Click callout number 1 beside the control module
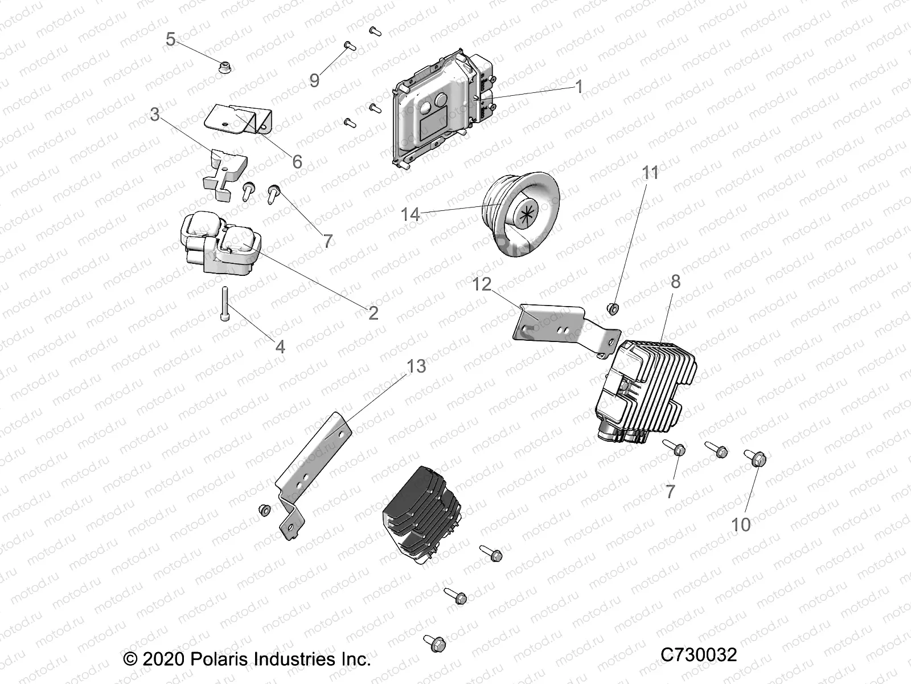(x=579, y=87)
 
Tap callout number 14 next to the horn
(x=410, y=214)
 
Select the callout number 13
(x=416, y=366)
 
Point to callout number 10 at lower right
(x=741, y=524)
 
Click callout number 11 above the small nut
(x=650, y=173)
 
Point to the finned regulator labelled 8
(x=643, y=388)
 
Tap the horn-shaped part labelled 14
(x=515, y=214)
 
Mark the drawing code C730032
(x=699, y=654)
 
